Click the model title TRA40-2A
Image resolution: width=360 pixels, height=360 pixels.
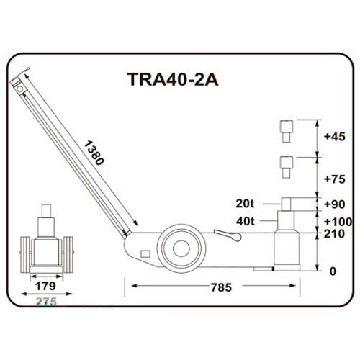tap(173, 79)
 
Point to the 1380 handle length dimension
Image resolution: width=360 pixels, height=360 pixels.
tap(94, 153)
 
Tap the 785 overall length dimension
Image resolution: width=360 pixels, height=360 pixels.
tap(221, 287)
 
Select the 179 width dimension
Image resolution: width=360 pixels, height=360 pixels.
tap(45, 286)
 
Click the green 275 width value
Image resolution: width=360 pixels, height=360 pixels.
tap(46, 301)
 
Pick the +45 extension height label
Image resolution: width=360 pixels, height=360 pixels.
tap(335, 137)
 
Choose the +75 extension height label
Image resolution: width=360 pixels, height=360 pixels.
tap(335, 179)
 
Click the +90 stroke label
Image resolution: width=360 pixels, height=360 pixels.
tap(335, 204)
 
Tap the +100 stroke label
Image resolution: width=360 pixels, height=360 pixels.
tap(338, 222)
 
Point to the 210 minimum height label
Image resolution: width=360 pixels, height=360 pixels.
tap(334, 234)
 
